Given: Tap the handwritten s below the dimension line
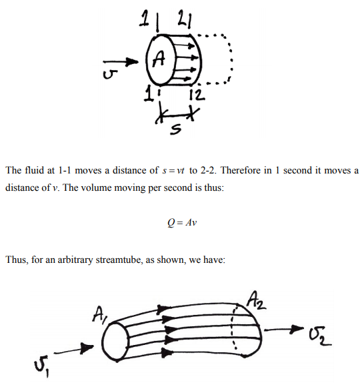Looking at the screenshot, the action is pos(176,129).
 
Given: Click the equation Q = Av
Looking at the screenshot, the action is pos(182,222).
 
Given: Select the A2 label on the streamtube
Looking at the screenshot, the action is pos(255,300).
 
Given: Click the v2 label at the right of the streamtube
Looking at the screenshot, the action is pos(320,336).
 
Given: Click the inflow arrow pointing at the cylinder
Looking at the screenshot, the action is pos(120,61).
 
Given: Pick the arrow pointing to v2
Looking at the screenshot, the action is pos(284,329).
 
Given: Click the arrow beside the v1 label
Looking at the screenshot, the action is pos(74,349).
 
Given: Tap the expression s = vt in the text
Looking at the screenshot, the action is pos(173,171).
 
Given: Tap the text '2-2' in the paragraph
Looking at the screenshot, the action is pos(209,170).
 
